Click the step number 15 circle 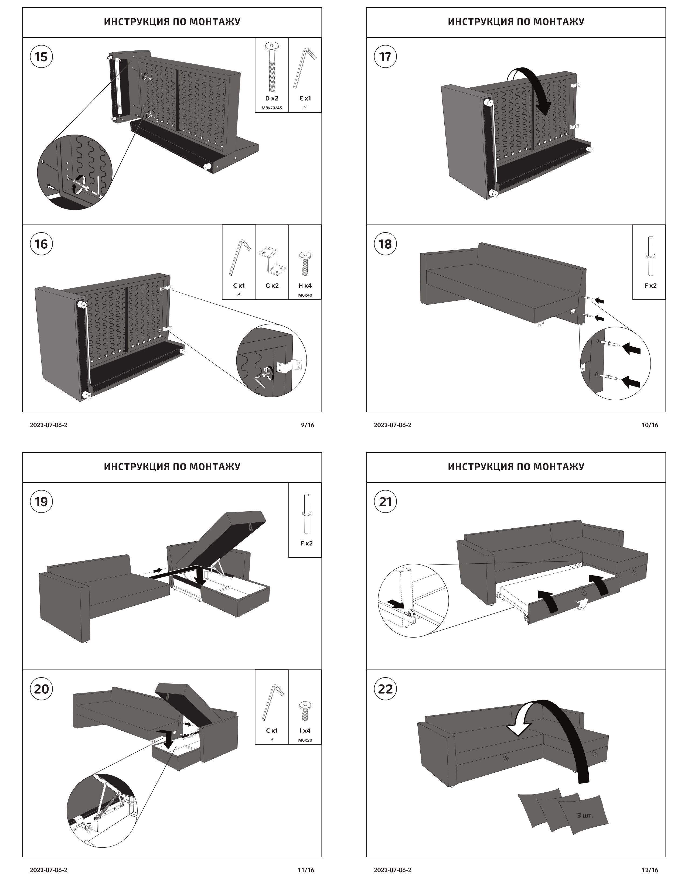(x=41, y=56)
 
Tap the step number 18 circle (x=385, y=244)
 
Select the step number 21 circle (x=385, y=501)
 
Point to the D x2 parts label (x=272, y=98)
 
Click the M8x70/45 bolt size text (x=272, y=108)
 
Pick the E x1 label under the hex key (x=305, y=98)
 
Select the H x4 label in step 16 (x=305, y=286)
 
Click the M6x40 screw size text (x=305, y=295)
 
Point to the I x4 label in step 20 (x=305, y=731)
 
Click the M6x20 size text (x=305, y=740)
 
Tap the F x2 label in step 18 (x=650, y=286)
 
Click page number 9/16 (x=307, y=425)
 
